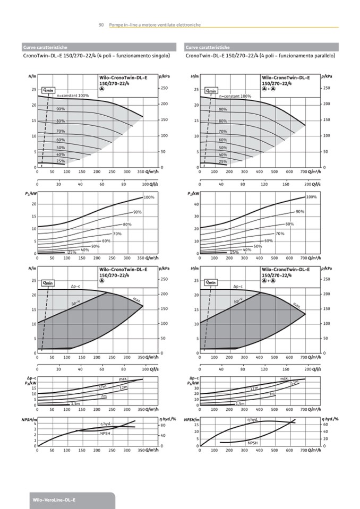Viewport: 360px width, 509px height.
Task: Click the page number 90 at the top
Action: click(x=101, y=25)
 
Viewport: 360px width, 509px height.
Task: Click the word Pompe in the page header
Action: click(x=115, y=25)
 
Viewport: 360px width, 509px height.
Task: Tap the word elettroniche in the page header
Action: click(x=188, y=25)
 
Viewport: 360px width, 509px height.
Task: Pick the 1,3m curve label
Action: click(x=75, y=404)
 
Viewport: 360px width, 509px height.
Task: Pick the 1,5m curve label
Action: click(x=240, y=404)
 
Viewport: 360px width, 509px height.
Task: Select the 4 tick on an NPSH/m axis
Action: click(x=35, y=424)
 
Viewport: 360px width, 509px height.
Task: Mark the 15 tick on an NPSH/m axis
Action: click(x=196, y=425)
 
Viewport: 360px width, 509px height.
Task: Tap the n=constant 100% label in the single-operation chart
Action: click(x=72, y=96)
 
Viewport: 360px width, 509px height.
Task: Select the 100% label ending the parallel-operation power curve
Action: click(x=312, y=197)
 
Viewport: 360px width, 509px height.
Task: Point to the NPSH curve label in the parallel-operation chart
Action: click(x=252, y=442)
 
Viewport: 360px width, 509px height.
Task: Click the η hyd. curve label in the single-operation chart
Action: click(x=105, y=424)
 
